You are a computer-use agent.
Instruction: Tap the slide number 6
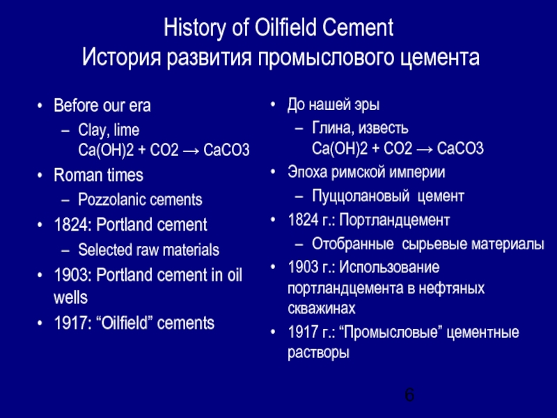pos(409,396)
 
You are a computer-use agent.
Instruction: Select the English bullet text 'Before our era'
pos(102,106)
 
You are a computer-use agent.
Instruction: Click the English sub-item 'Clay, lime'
pos(109,130)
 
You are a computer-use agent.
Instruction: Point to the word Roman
pos(74,175)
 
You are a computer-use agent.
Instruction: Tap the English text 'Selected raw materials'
pos(149,249)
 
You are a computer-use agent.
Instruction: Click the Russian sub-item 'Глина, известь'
pos(360,129)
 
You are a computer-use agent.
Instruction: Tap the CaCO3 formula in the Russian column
pos(460,149)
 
